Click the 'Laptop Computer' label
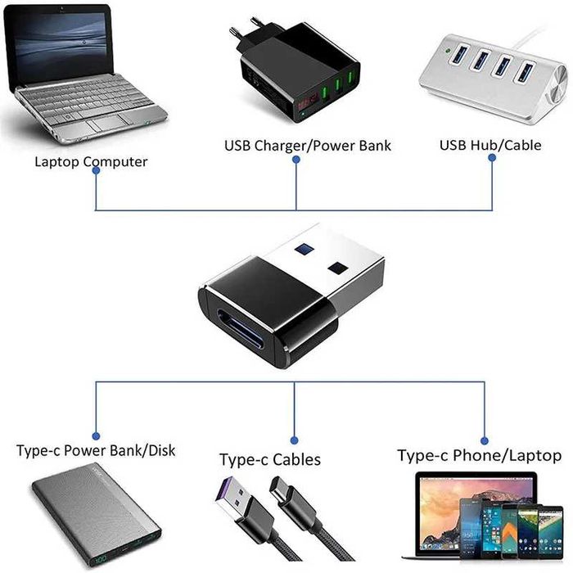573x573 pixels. pyautogui.click(x=91, y=161)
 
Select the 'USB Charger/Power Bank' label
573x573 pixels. pyautogui.click(x=308, y=146)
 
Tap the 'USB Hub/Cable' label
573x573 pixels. pyautogui.click(x=491, y=146)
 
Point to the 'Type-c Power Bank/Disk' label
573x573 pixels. pyautogui.click(x=96, y=451)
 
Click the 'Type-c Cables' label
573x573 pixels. pyautogui.click(x=270, y=459)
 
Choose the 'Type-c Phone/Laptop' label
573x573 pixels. pyautogui.click(x=480, y=455)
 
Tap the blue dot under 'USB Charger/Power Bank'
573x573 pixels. pyautogui.click(x=296, y=160)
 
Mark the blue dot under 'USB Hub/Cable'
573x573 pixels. pyautogui.click(x=492, y=160)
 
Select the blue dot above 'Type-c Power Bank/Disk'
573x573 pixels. pyautogui.click(x=96, y=436)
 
